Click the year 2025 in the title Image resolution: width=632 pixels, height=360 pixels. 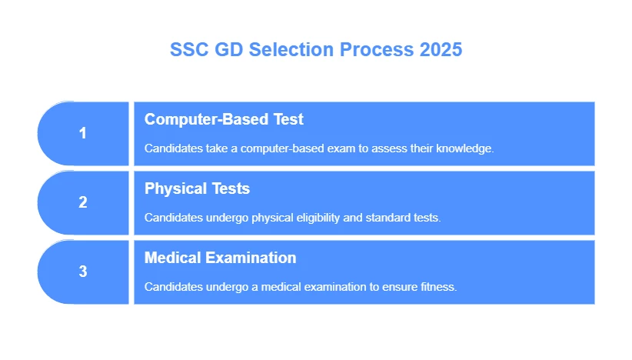point(441,50)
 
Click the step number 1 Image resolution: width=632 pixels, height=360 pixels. point(83,133)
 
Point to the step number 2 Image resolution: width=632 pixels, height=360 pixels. point(83,202)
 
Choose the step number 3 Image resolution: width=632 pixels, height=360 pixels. point(83,272)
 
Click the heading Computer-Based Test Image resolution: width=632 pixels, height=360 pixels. point(224,119)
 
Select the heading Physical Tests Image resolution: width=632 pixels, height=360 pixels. point(197,188)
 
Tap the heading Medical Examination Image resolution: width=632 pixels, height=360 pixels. point(220,258)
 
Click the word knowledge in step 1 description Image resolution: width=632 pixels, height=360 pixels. point(464,148)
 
